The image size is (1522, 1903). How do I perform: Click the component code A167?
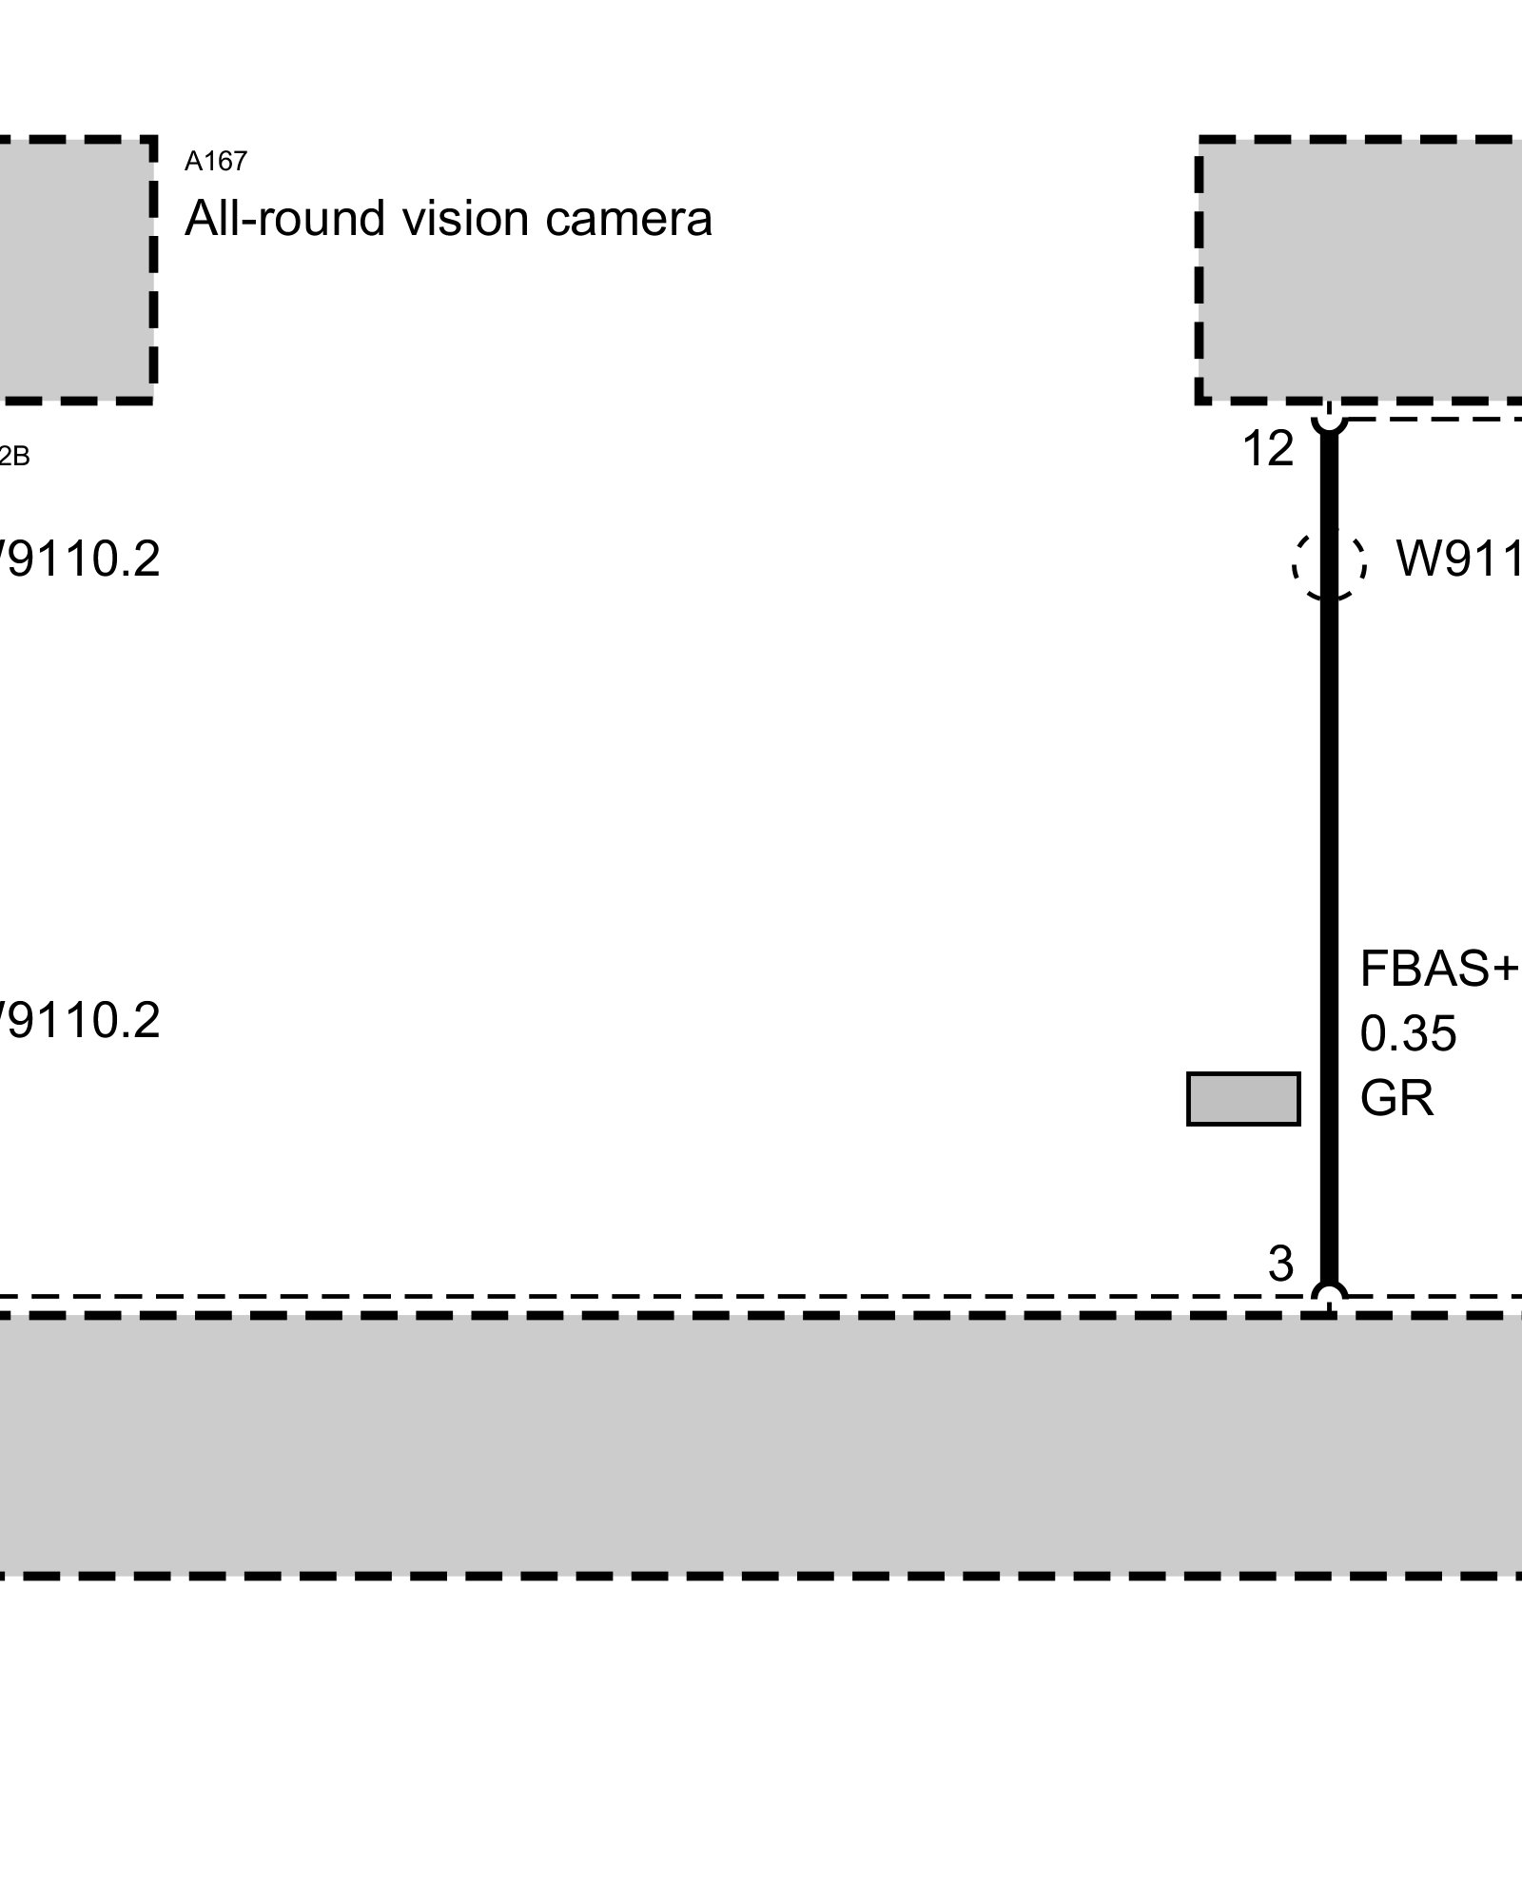click(x=216, y=162)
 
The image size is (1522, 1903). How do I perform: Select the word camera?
click(x=629, y=219)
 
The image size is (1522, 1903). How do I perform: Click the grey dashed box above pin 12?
click(x=1360, y=269)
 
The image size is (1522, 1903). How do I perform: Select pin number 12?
click(x=1268, y=449)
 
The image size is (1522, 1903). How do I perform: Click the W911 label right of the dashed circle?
click(x=1457, y=559)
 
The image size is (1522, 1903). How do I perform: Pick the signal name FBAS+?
click(x=1437, y=970)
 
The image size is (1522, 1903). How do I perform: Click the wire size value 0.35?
click(x=1408, y=1034)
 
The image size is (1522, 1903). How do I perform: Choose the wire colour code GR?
click(x=1396, y=1098)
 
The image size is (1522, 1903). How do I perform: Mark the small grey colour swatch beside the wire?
click(x=1243, y=1099)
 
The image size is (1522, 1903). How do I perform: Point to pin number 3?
click(x=1280, y=1265)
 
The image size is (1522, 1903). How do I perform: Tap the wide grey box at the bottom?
click(x=761, y=1446)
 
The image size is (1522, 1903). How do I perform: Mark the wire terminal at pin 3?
click(x=1330, y=1297)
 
